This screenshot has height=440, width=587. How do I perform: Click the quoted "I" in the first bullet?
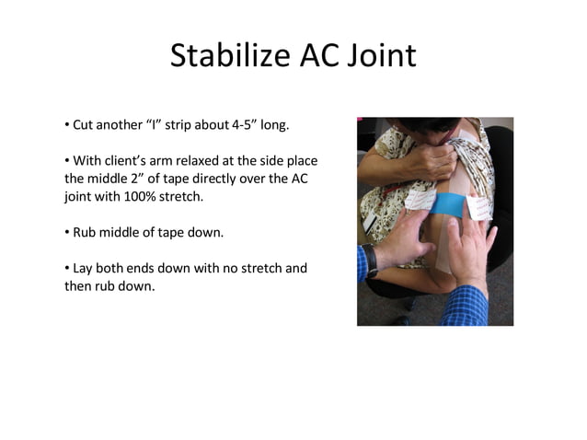(x=154, y=124)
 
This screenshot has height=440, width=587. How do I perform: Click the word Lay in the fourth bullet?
(x=81, y=268)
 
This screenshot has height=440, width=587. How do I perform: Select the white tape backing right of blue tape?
(x=479, y=207)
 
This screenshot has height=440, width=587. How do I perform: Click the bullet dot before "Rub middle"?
(x=66, y=232)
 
